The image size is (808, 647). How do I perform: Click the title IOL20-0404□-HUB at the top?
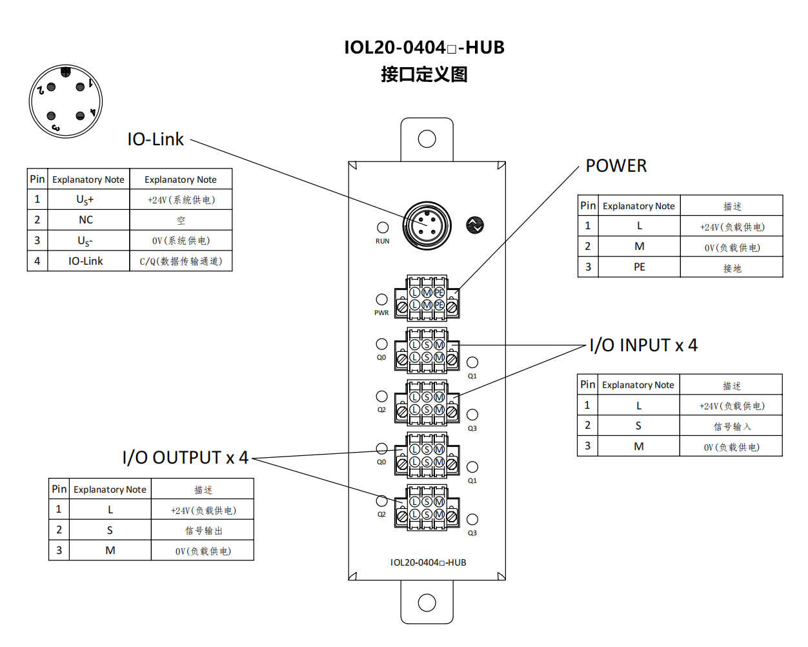pyautogui.click(x=424, y=48)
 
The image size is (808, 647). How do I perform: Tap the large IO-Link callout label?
pyautogui.click(x=156, y=139)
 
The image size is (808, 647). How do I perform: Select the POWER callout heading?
pyautogui.click(x=616, y=166)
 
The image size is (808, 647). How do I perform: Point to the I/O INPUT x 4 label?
pyautogui.click(x=643, y=345)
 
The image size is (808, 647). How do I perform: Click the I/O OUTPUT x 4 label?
pyautogui.click(x=185, y=458)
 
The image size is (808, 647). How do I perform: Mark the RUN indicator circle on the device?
pyautogui.click(x=383, y=227)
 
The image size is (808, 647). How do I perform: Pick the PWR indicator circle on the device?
pyautogui.click(x=382, y=300)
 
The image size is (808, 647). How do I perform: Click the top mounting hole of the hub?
pyautogui.click(x=427, y=139)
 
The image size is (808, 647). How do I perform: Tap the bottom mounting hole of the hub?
pyautogui.click(x=427, y=602)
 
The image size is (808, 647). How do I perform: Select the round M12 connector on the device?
pyautogui.click(x=427, y=225)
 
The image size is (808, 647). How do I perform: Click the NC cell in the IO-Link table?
pyautogui.click(x=86, y=220)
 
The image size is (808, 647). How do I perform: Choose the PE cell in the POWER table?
pyautogui.click(x=639, y=267)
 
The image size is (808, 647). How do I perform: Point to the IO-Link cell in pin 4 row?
pyautogui.click(x=86, y=261)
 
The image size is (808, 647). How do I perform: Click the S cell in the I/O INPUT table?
pyautogui.click(x=638, y=426)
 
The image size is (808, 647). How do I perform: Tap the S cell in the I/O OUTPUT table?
pyautogui.click(x=110, y=530)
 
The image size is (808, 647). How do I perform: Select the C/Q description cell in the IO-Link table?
pyautogui.click(x=181, y=261)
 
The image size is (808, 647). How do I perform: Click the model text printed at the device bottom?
pyautogui.click(x=428, y=562)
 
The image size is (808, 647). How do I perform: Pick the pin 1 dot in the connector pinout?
pyautogui.click(x=80, y=87)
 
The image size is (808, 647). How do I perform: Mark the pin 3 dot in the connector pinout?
pyautogui.click(x=52, y=116)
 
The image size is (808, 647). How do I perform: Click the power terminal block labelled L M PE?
pyautogui.click(x=427, y=298)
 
